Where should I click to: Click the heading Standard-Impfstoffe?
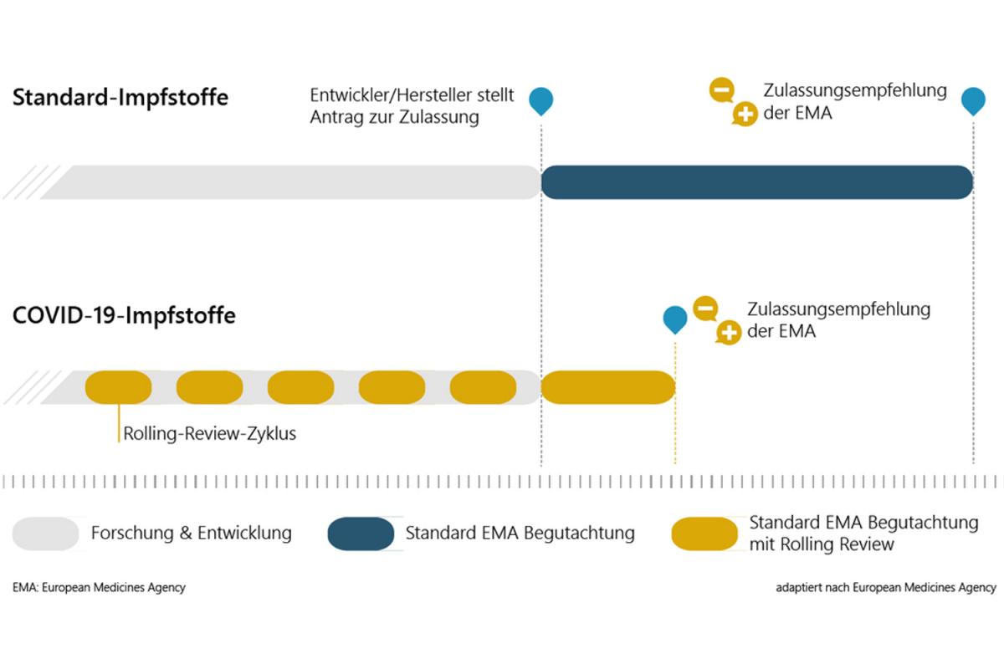120,97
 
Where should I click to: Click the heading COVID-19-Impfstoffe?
124,315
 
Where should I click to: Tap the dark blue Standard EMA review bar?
757,182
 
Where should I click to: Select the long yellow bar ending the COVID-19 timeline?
608,387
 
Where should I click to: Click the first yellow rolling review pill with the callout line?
118,387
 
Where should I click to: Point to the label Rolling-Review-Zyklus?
210,434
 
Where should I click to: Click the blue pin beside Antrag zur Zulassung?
541,101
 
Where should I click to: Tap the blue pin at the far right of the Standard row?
973,101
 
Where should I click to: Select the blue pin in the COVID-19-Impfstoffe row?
675,319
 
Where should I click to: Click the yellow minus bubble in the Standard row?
721,89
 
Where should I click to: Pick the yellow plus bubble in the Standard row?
745,115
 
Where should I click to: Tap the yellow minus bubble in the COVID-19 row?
705,309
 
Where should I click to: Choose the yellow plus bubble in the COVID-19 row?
729,333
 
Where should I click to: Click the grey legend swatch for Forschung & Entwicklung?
46,534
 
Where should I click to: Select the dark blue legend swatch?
361,534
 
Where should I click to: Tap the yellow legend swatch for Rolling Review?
704,534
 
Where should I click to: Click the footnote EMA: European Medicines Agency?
99,587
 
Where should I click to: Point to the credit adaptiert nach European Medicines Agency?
886,587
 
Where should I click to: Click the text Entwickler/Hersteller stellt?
412,95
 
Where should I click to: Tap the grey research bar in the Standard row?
291,182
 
